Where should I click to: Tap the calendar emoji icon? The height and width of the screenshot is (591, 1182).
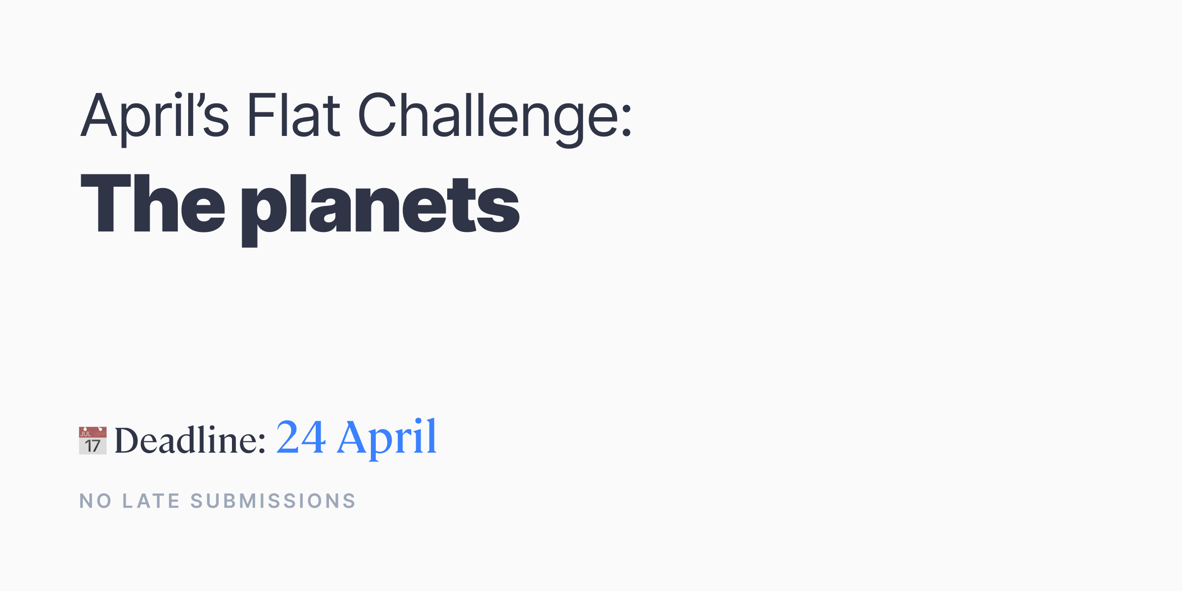(93, 440)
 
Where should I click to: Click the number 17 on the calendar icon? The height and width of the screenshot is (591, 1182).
(93, 446)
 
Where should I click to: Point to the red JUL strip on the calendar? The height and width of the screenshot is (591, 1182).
(93, 432)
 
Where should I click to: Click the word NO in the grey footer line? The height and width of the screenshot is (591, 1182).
(96, 501)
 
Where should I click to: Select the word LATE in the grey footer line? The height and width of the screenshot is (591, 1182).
(151, 501)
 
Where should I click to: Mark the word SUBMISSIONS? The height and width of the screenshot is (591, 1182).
(273, 501)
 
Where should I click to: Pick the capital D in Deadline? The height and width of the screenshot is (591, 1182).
(130, 440)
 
